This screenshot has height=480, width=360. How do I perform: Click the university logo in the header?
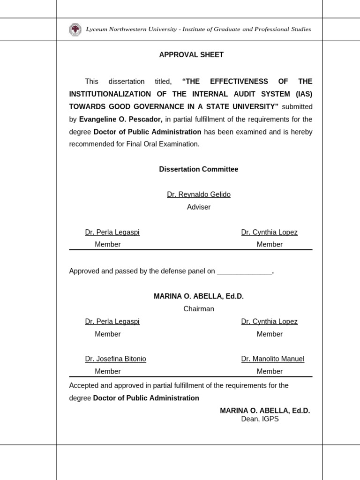(x=75, y=30)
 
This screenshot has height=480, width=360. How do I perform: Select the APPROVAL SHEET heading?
(x=191, y=55)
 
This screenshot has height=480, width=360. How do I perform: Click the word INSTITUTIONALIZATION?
(x=110, y=94)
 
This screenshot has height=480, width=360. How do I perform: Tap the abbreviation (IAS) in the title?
(x=303, y=94)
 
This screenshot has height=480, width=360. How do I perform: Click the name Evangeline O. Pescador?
(x=120, y=120)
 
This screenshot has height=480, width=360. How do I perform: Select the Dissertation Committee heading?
(x=199, y=169)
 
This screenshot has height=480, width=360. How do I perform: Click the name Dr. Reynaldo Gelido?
(x=199, y=195)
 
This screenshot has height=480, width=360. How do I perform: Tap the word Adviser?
(x=199, y=207)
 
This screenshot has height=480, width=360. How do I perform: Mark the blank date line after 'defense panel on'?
(x=245, y=271)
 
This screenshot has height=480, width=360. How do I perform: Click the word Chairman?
(x=199, y=309)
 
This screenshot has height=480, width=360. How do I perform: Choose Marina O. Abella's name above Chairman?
(x=199, y=296)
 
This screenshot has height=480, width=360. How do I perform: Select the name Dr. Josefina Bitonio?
(x=115, y=359)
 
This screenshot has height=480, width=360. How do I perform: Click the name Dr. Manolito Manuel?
(x=272, y=359)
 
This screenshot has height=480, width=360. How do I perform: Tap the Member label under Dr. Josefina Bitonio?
(x=108, y=372)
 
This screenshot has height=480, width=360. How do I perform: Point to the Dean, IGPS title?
(x=260, y=419)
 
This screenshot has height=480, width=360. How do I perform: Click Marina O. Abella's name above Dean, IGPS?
(x=265, y=411)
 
